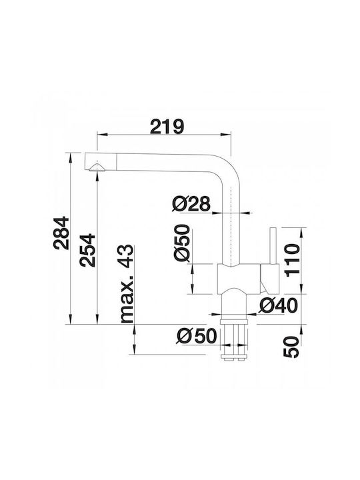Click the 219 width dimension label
tap(167, 127)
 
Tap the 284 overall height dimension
tap(61, 233)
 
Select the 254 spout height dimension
tap(87, 250)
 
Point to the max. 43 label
tap(127, 284)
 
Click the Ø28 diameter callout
tap(191, 203)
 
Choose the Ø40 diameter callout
tap(278, 305)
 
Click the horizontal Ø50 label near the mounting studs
tap(197, 336)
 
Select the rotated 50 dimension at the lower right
tap(291, 347)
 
